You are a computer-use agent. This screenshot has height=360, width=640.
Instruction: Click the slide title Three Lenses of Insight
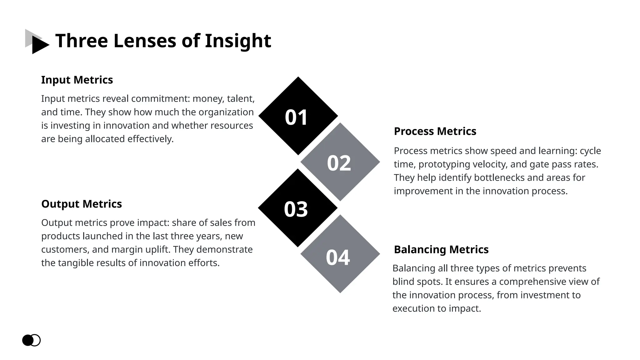[x=163, y=41]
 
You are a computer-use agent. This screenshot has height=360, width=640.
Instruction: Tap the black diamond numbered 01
[x=298, y=116]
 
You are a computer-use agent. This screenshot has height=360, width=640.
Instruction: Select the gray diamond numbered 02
[x=340, y=162]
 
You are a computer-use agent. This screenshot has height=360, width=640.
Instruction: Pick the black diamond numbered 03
[x=297, y=208]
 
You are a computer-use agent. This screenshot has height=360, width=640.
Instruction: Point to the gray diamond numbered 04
[x=340, y=254]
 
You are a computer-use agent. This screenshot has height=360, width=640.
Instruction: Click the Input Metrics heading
[x=77, y=80]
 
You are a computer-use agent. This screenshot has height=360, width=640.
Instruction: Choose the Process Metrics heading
[x=435, y=131]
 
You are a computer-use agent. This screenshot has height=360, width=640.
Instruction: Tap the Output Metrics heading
[x=81, y=204]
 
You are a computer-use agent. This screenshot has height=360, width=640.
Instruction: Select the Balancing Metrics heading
[x=441, y=250]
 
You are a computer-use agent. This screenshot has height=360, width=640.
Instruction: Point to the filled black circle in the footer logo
[x=27, y=340]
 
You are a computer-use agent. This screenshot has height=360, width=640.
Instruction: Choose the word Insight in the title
[x=238, y=41]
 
